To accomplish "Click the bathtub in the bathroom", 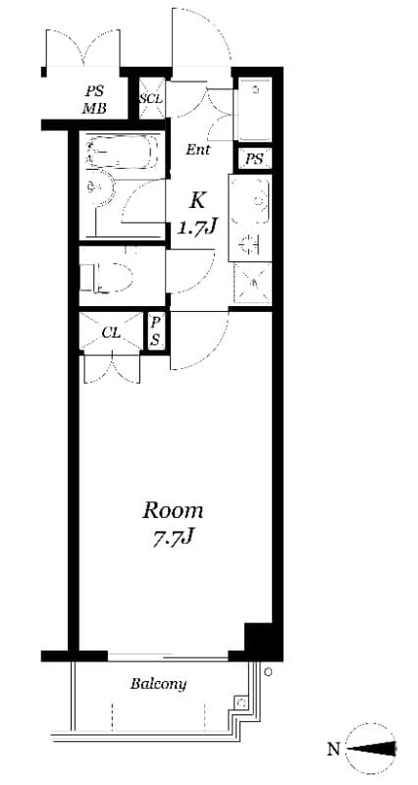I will point(122,152).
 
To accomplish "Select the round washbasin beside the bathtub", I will point(96,186).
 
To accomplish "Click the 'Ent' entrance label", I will point(197,150).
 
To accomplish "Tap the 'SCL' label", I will point(150,98).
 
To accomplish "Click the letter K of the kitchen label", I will point(197,201).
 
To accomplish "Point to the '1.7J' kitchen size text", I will point(196,229).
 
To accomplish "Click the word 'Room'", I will point(174,510).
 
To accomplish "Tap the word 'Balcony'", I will point(158,684).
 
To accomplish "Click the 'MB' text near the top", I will point(94,108).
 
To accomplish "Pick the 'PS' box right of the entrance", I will point(254,159).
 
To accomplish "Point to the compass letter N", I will point(334,750).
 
